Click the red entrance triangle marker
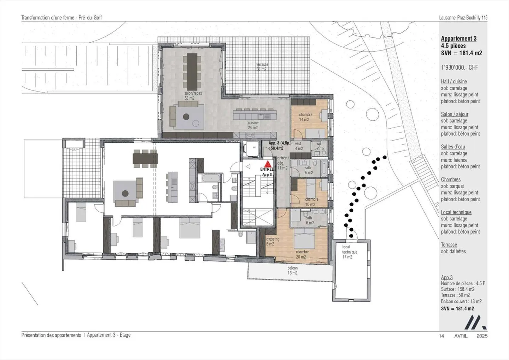pos(268,164)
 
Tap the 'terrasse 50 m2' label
pos(262,67)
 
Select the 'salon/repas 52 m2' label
pos(193,96)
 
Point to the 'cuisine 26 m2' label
pos(253,125)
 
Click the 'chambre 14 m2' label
pos(305,117)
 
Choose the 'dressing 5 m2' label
pos(273,241)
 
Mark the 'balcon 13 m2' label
pos(292,270)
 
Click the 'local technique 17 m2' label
pos(349,252)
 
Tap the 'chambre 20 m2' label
pos(302,254)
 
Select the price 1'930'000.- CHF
pos(459,67)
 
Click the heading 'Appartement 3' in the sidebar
pos(458,39)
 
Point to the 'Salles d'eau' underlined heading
pos(453,147)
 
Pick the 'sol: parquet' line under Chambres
pos(452,186)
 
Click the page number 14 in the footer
pos(441,336)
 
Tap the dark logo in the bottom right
pos(475,322)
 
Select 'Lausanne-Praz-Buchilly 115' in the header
pos(463,17)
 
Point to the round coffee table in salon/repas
pos(186,117)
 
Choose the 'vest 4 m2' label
pos(299,146)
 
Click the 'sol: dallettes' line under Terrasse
pos(453,252)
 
